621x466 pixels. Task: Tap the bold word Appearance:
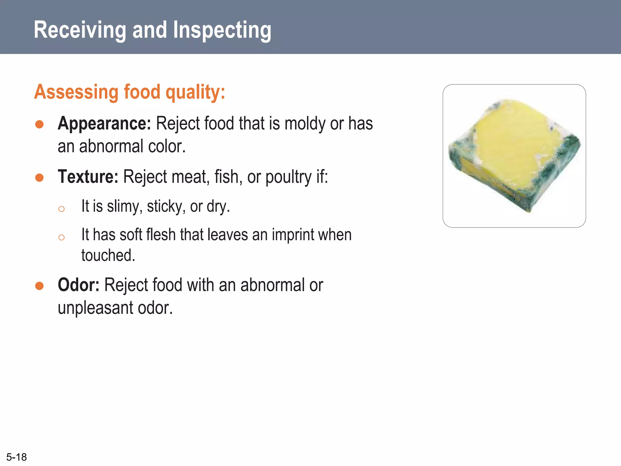click(104, 123)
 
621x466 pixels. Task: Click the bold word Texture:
click(88, 177)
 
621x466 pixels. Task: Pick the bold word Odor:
click(79, 285)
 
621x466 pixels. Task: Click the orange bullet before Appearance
click(39, 124)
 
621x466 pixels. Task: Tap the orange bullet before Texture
click(39, 177)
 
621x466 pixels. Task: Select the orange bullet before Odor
click(39, 286)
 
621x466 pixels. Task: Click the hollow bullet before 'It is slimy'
click(62, 209)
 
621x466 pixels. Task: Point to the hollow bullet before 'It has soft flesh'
click(62, 237)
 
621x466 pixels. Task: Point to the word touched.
click(108, 255)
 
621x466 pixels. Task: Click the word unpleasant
click(96, 308)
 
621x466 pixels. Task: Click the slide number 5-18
click(16, 457)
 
